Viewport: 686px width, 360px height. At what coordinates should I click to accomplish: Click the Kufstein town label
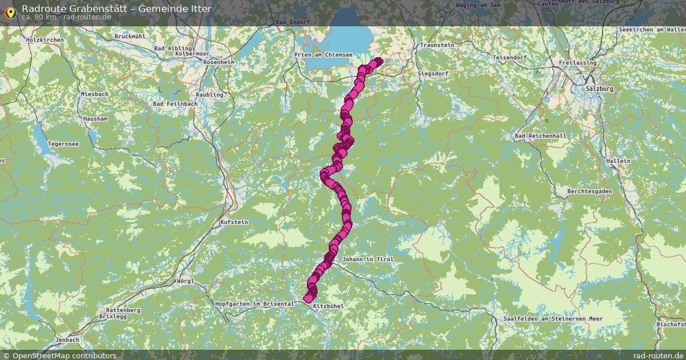click(234, 222)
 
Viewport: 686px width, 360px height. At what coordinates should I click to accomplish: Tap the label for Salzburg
click(599, 89)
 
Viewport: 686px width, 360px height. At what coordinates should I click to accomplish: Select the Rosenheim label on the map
click(218, 62)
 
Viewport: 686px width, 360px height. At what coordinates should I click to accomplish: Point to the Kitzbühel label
click(328, 306)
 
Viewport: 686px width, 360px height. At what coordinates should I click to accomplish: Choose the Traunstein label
click(437, 45)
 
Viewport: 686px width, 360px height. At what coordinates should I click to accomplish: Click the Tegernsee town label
click(63, 144)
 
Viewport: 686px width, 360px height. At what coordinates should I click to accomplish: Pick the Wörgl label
click(186, 281)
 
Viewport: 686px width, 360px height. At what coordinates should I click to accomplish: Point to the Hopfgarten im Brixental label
click(254, 304)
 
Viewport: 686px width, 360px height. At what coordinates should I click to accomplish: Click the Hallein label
click(618, 161)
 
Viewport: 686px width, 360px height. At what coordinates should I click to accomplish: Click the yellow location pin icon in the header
click(10, 11)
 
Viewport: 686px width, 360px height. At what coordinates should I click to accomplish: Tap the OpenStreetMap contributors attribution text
click(64, 355)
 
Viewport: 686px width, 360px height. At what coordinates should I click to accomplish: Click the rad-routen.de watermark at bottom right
click(658, 355)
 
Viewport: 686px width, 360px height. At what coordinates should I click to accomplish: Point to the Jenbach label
click(67, 340)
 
